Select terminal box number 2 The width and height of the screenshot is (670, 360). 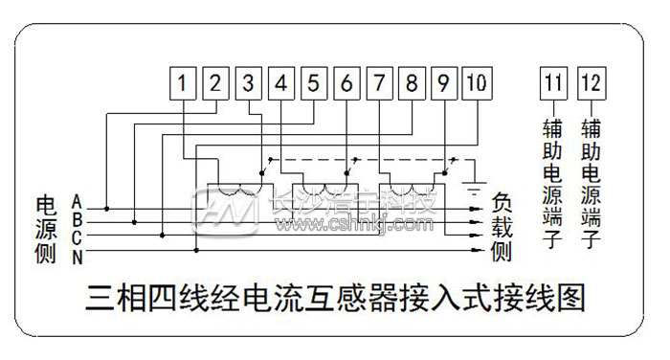[216, 83]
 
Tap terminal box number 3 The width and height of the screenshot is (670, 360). [249, 83]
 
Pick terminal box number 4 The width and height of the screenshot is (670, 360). [281, 83]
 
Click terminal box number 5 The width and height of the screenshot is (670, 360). [314, 83]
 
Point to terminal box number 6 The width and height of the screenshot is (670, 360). [346, 83]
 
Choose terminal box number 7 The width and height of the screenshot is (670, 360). [379, 83]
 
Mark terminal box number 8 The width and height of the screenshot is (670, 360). [412, 83]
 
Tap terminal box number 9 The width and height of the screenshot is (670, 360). [443, 83]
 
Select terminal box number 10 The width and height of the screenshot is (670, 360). [475, 83]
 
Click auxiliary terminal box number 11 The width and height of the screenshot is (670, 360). [552, 83]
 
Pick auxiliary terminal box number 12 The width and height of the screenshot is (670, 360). [591, 83]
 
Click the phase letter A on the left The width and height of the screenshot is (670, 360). [77, 202]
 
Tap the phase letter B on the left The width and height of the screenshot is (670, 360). [77, 219]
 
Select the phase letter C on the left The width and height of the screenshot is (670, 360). [77, 236]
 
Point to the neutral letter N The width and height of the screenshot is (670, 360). [77, 254]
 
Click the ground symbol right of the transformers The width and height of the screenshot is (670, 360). [473, 184]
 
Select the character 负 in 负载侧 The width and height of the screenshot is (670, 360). [502, 204]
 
